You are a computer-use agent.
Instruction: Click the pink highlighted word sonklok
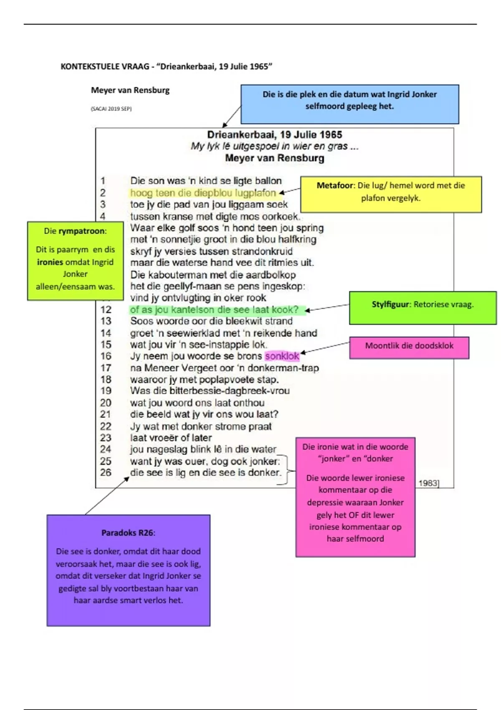[x=282, y=356]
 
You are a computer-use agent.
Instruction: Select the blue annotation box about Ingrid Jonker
[x=349, y=104]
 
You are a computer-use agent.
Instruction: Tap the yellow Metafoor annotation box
[x=391, y=194]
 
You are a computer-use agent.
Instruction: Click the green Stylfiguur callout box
[x=423, y=308]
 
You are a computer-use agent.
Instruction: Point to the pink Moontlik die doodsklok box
[x=409, y=347]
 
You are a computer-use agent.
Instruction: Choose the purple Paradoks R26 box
[x=128, y=570]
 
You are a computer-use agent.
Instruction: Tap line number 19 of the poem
[x=106, y=391]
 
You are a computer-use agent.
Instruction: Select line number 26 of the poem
[x=106, y=472]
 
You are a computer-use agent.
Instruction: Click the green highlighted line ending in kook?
[x=215, y=310]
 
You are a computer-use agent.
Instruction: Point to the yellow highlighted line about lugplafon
[x=203, y=193]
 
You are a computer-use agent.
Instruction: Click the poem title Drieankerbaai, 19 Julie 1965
[x=274, y=134]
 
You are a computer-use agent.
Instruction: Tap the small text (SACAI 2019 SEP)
[x=111, y=109]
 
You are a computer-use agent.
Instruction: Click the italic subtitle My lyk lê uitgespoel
[x=274, y=146]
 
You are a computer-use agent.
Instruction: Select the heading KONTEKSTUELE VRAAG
[x=105, y=66]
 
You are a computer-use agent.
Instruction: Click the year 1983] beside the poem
[x=429, y=483]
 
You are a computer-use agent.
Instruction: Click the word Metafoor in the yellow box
[x=336, y=185]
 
